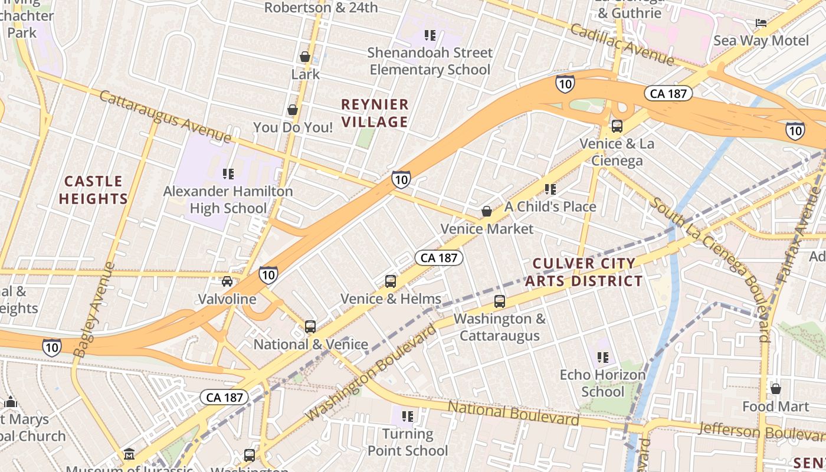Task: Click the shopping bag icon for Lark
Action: pyautogui.click(x=305, y=57)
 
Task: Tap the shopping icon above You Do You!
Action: pyautogui.click(x=292, y=110)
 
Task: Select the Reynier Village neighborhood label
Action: pyautogui.click(x=375, y=113)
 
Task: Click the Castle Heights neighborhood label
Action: pyautogui.click(x=93, y=190)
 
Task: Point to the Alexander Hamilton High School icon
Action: pyautogui.click(x=228, y=173)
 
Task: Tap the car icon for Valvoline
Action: pyautogui.click(x=227, y=281)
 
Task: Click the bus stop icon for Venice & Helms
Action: pyautogui.click(x=390, y=281)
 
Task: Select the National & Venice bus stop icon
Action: pyautogui.click(x=310, y=326)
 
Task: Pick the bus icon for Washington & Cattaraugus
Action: pyautogui.click(x=500, y=301)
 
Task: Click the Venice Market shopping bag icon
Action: pyautogui.click(x=487, y=211)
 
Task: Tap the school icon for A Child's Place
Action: pyautogui.click(x=550, y=189)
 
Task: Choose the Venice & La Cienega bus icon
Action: pyautogui.click(x=617, y=126)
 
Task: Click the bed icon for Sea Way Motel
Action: pyautogui.click(x=761, y=23)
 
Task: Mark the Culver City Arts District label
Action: pyautogui.click(x=584, y=272)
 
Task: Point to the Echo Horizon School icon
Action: pyautogui.click(x=602, y=357)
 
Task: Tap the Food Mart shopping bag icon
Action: pyautogui.click(x=776, y=389)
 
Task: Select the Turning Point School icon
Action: pyautogui.click(x=408, y=417)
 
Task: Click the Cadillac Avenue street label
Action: pyautogui.click(x=622, y=45)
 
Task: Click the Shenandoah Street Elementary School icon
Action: pyautogui.click(x=430, y=35)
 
